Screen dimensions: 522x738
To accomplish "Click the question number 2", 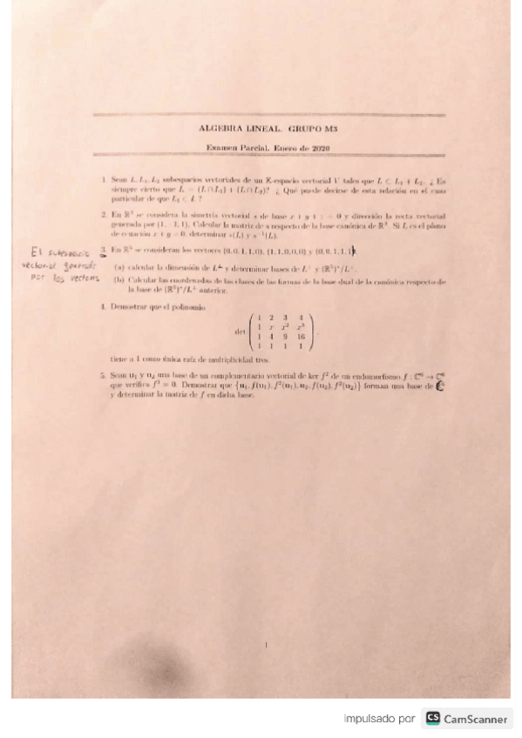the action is pyautogui.click(x=103, y=214).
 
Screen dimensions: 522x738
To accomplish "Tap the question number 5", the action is pyautogui.click(x=103, y=372).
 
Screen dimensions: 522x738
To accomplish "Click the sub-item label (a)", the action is pyautogui.click(x=119, y=265).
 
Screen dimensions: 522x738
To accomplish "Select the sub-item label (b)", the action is pyautogui.click(x=119, y=280).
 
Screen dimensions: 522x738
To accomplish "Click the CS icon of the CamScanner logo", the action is pyautogui.click(x=432, y=719).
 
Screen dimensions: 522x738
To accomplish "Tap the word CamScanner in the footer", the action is pyautogui.click(x=476, y=719).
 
